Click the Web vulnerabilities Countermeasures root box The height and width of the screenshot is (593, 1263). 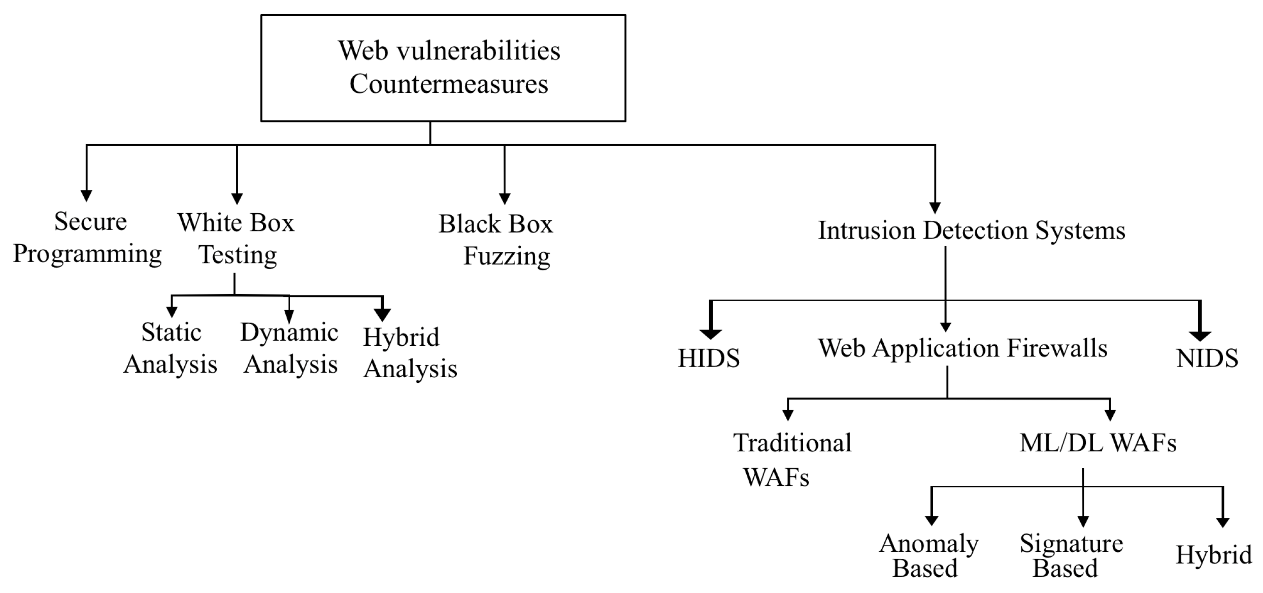click(x=443, y=68)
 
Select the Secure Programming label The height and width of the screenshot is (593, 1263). click(x=87, y=238)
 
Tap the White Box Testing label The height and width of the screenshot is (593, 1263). click(x=237, y=239)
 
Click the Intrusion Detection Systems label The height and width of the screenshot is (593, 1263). click(x=971, y=230)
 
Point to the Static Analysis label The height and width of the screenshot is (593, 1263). click(x=171, y=348)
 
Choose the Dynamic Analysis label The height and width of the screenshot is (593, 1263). click(x=290, y=348)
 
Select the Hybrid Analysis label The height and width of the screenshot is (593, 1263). click(x=409, y=353)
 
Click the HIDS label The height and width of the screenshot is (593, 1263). click(x=709, y=358)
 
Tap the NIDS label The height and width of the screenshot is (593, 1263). click(x=1207, y=358)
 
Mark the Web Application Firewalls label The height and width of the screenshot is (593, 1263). click(x=962, y=349)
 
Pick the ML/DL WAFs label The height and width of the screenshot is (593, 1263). click(x=1098, y=443)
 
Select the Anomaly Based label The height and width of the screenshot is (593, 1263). click(x=928, y=555)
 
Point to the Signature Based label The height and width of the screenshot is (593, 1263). click(x=1071, y=555)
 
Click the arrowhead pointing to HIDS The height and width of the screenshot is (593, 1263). click(x=710, y=334)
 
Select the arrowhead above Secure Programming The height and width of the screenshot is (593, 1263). click(x=86, y=195)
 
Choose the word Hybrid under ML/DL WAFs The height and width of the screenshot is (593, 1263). click(x=1213, y=554)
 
